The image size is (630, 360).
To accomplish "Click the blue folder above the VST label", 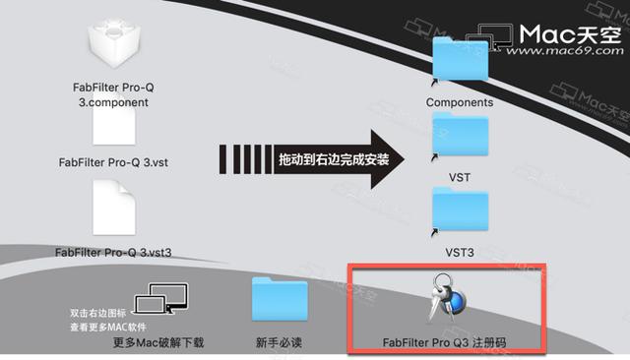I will (x=460, y=139).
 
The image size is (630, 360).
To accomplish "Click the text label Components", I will (x=460, y=101).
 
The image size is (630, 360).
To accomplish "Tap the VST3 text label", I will (x=460, y=253).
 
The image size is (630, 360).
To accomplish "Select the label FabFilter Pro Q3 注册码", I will (x=447, y=343).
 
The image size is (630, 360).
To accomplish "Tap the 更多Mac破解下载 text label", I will (x=158, y=343).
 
